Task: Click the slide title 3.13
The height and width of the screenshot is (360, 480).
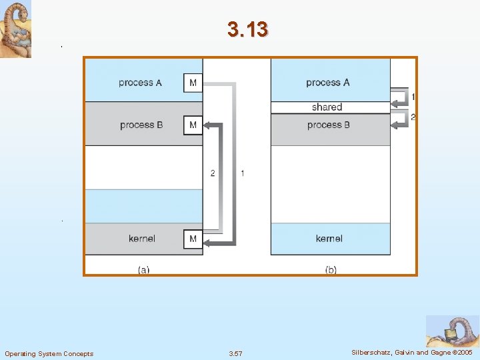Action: pos(247,29)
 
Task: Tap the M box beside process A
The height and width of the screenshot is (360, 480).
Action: pos(193,83)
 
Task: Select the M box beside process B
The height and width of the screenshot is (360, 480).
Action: pos(193,125)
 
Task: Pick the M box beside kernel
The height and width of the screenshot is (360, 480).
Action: pos(193,239)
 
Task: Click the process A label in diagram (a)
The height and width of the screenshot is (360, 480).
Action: pos(140,83)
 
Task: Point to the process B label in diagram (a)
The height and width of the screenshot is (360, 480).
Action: pos(141,125)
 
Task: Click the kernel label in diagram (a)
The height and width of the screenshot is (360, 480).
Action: pos(142,239)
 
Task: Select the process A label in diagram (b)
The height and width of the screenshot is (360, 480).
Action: pos(327,83)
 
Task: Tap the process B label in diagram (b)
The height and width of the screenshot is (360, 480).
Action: pos(329,125)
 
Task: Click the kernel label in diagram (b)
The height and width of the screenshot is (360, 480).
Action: pos(329,239)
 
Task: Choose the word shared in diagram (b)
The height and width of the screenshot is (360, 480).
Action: pos(327,107)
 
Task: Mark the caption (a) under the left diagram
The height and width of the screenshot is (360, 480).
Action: pos(143,269)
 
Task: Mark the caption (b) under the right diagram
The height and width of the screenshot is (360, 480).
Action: pos(330,269)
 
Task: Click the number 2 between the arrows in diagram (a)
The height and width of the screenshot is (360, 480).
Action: pos(213,173)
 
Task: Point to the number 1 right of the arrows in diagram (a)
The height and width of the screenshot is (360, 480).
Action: pos(242,173)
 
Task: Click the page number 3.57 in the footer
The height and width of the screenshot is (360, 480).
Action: pos(235,353)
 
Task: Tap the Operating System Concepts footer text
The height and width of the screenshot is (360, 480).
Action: pos(49,353)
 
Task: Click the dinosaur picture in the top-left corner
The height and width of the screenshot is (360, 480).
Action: pos(16,29)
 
